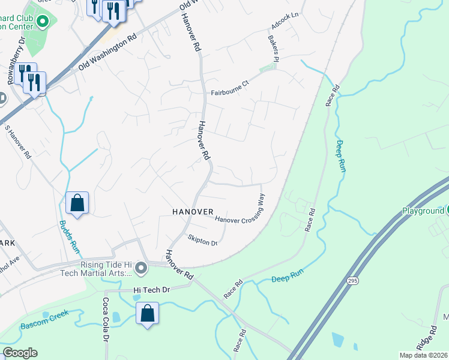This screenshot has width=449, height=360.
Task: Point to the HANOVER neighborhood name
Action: (x=193, y=212)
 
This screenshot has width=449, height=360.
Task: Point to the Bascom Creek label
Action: (x=45, y=320)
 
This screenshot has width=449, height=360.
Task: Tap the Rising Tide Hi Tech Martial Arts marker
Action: (x=141, y=268)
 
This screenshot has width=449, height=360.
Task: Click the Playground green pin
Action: (x=445, y=211)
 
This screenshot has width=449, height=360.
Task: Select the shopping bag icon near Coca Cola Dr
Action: (x=148, y=313)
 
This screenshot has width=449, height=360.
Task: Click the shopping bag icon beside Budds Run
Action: (x=77, y=203)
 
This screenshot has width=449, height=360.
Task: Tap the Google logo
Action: (x=20, y=353)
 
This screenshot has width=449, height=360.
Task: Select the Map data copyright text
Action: (x=423, y=355)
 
